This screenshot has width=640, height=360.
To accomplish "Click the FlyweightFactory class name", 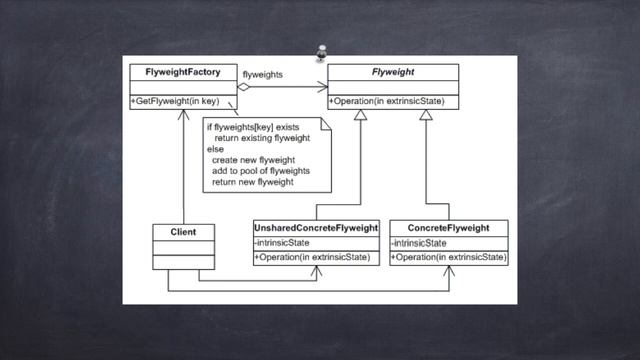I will (182, 72).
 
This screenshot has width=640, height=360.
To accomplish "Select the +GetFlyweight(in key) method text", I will (178, 102).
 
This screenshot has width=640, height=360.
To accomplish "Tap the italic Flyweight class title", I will (393, 72).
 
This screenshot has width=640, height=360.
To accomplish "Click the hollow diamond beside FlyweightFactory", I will (242, 86).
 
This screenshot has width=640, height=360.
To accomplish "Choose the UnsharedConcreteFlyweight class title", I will (314, 229).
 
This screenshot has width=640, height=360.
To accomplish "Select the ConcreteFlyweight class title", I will (448, 229).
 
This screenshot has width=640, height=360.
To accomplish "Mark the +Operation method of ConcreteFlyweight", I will (448, 257).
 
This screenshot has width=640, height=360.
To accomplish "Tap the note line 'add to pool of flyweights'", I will (260, 171).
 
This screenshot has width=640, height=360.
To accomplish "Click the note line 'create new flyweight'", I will (255, 160).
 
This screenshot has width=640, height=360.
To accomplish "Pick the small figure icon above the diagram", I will (321, 52).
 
